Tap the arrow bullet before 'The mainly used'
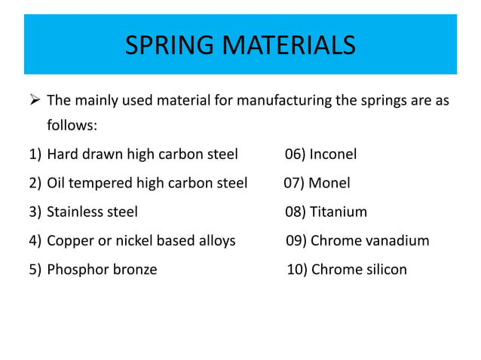tap(35, 100)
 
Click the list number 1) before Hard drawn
tap(35, 155)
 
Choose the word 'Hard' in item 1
tap(63, 155)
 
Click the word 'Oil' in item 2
tap(57, 183)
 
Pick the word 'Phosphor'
tap(77, 270)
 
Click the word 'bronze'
tap(135, 270)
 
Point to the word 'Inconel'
tap(333, 155)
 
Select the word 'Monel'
tap(329, 183)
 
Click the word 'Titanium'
tap(339, 212)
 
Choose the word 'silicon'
tap(384, 270)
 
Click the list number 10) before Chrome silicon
tap(297, 270)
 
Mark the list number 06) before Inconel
tap(295, 155)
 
